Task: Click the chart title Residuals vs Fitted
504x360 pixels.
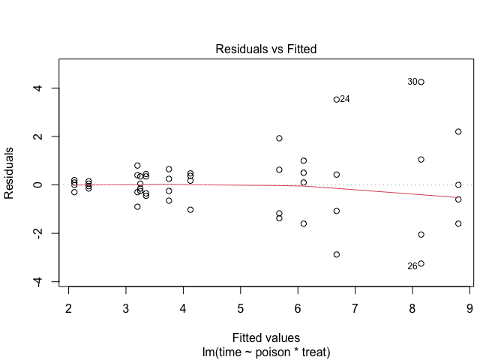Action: coord(266,49)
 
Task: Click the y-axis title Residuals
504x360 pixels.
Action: coord(10,173)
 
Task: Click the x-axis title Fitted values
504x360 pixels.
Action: coord(266,337)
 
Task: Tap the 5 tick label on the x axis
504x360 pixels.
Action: coord(241,308)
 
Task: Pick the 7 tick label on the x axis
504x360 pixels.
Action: coord(355,308)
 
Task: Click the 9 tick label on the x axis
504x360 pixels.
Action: coord(469,308)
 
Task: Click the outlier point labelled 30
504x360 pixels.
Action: coord(421,82)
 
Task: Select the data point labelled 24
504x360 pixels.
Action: coord(337,99)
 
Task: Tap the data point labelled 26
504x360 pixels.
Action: coord(421,263)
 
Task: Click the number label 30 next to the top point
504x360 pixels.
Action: coord(412,82)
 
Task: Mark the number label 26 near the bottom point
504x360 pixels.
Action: coord(412,266)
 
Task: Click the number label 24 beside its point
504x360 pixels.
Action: coord(345,99)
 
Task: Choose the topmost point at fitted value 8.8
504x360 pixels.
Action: coord(458,131)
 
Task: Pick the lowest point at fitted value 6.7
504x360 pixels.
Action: coord(337,254)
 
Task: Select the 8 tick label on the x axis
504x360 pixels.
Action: coord(412,308)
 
